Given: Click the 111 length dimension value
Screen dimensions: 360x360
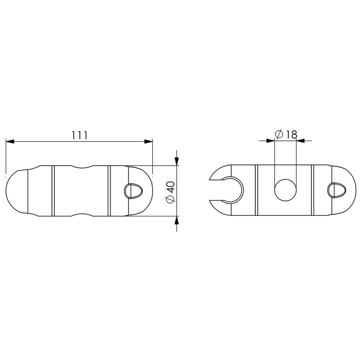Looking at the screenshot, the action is (x=79, y=135).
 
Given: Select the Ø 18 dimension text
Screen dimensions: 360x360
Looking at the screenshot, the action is (x=286, y=134).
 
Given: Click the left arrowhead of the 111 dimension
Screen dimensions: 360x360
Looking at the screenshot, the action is (x=10, y=142).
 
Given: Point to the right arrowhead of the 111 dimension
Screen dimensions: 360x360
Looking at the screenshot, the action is (x=148, y=142).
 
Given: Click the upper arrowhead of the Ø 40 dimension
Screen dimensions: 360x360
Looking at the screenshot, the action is (x=176, y=161).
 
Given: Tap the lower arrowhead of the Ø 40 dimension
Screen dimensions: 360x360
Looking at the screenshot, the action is (x=176, y=220).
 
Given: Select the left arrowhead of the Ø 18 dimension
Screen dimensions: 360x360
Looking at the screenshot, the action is (x=270, y=141).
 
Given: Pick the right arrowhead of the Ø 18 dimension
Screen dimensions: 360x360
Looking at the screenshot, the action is (x=300, y=141).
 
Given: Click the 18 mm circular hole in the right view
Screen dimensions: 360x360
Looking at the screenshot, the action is (x=285, y=190).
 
